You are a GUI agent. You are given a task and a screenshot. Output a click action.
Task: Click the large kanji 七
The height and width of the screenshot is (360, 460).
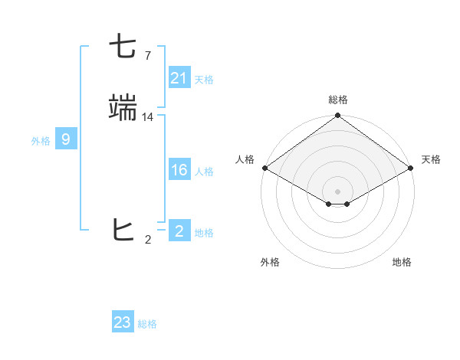(x=123, y=47)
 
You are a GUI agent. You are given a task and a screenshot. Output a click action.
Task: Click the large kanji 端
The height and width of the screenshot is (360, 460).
(x=123, y=108)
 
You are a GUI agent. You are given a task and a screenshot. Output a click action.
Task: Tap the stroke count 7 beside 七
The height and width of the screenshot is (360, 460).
(x=147, y=56)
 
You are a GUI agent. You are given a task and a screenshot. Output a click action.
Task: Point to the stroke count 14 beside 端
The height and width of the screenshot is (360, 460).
(x=148, y=117)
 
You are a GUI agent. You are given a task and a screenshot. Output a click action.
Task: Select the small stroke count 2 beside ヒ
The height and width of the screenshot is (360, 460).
(x=147, y=240)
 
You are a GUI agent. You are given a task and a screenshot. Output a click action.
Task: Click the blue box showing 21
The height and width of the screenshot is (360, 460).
(x=179, y=78)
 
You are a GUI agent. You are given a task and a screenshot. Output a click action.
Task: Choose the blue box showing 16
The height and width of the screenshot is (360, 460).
(x=179, y=170)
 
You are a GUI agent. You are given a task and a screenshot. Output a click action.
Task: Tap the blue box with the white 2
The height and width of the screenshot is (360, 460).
(x=179, y=231)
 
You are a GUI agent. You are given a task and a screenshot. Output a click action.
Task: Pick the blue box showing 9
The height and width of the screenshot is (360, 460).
(x=66, y=139)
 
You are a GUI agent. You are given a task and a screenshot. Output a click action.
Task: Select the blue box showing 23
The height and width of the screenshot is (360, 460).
(x=123, y=322)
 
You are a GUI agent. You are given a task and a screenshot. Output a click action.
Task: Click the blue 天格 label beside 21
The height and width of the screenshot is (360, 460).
(x=204, y=80)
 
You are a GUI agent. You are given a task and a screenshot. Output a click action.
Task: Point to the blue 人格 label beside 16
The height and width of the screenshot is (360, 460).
(x=204, y=172)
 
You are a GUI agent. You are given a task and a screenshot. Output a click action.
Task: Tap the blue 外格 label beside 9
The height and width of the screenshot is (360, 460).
(x=41, y=141)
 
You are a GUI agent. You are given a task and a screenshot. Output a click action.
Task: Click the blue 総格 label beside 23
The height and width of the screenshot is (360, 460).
(x=147, y=324)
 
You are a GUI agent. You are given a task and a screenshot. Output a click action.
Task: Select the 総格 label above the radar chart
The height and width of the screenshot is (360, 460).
(x=338, y=100)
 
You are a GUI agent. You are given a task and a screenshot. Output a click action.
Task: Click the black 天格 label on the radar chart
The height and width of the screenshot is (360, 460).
(x=431, y=159)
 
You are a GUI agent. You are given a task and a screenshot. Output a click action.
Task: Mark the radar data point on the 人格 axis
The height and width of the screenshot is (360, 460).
(x=264, y=168)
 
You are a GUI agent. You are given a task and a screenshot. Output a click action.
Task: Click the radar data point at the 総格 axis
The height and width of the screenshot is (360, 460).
(x=337, y=116)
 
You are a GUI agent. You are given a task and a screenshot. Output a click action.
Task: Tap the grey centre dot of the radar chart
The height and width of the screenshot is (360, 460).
(x=337, y=191)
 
